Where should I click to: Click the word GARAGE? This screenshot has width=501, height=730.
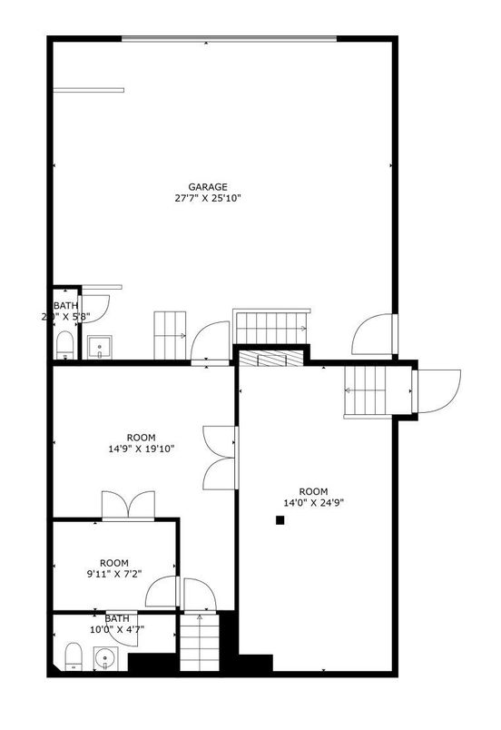(x=208, y=186)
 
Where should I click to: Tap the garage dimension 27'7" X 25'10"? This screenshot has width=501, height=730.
(x=208, y=198)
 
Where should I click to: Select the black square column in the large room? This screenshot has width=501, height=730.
(x=280, y=520)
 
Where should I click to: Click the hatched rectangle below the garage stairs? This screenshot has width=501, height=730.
(x=270, y=359)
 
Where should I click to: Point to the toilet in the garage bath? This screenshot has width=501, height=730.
(x=64, y=344)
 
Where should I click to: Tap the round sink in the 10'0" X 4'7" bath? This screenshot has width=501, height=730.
(x=107, y=658)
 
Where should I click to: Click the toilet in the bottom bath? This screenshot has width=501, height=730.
(x=74, y=656)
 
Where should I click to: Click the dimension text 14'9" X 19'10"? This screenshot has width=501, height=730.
(x=141, y=447)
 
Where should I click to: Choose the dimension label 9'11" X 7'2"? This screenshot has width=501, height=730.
(x=114, y=574)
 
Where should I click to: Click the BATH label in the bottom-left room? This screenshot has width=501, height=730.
(x=117, y=617)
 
